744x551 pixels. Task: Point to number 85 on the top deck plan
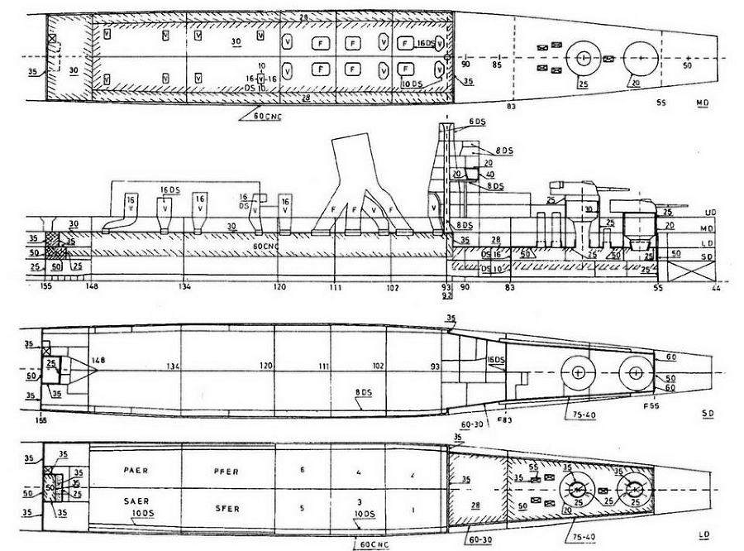[497, 65]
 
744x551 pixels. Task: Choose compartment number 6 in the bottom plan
[303, 471]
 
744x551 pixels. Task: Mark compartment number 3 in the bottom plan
[359, 501]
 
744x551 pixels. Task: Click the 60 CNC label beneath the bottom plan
[376, 544]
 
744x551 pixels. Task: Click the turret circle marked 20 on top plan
[641, 59]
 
